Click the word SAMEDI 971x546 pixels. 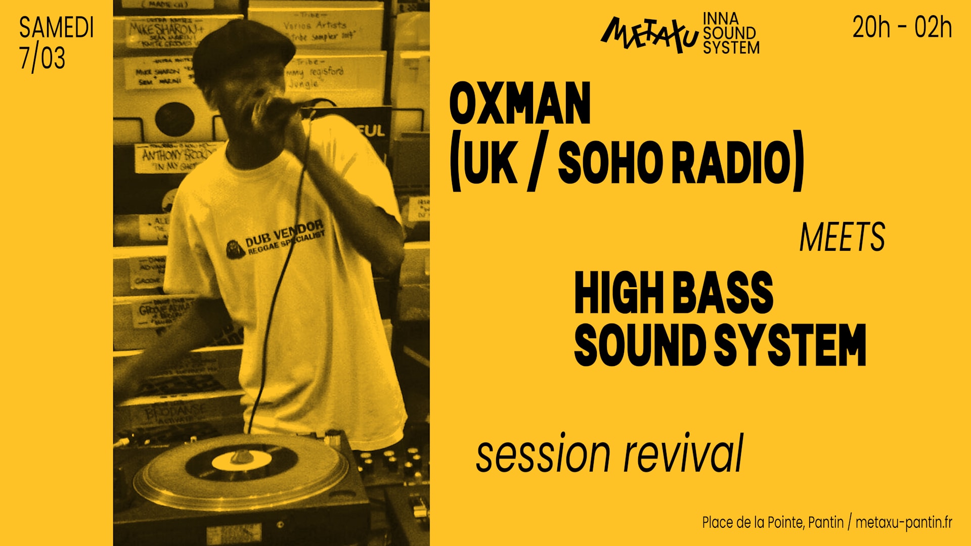57,28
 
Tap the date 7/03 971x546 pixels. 42,58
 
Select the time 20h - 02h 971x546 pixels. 902,28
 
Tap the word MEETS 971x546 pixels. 842,237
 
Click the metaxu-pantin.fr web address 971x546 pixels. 904,522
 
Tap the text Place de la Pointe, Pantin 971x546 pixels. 772,522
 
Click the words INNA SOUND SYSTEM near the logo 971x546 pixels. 730,33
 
